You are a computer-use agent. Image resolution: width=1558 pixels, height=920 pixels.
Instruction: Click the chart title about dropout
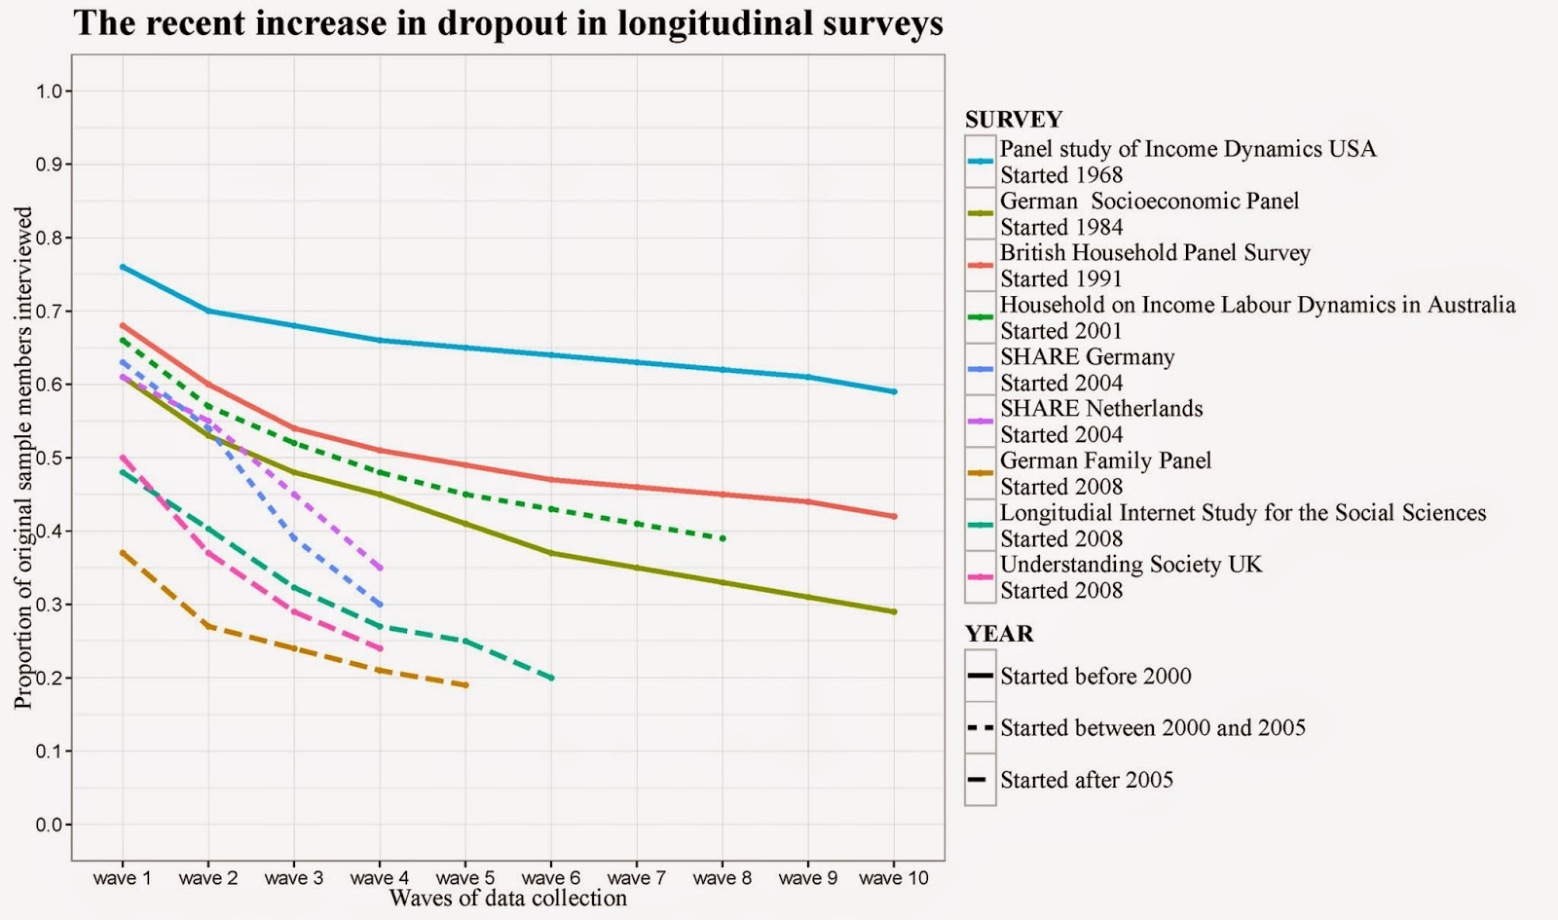tap(508, 23)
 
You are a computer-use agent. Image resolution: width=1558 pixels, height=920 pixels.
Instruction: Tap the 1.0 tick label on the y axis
tap(49, 92)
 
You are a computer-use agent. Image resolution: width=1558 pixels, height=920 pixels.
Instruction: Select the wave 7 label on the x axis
tap(636, 878)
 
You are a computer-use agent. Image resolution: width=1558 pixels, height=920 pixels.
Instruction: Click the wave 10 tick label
tap(893, 878)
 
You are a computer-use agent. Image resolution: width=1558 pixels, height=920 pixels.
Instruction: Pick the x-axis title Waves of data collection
tap(507, 899)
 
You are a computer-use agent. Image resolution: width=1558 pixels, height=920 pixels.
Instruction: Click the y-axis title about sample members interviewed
tap(23, 458)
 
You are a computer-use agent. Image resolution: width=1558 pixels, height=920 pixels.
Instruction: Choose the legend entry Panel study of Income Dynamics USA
tap(1187, 150)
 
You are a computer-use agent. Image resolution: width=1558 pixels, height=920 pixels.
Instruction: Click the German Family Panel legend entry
tap(1105, 461)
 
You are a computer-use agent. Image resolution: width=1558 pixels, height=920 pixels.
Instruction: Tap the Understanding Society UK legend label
tap(1130, 565)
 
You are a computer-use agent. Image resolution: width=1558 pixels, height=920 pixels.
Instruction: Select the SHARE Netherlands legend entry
tap(1100, 409)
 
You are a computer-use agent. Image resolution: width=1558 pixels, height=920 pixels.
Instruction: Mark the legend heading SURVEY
tap(1013, 120)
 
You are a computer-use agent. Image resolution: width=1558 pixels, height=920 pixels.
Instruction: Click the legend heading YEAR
tap(999, 634)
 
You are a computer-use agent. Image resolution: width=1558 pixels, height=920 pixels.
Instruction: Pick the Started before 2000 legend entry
tap(1094, 677)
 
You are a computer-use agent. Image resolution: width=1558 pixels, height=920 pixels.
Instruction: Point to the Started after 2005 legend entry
tap(1086, 780)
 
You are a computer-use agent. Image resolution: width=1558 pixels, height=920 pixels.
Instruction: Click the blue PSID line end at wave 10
tap(894, 391)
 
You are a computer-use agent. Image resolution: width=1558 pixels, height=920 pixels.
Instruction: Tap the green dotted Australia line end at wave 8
tap(723, 538)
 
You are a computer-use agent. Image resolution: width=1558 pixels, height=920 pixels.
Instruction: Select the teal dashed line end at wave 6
tap(551, 678)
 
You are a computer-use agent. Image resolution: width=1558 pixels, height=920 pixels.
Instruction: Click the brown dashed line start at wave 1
tap(123, 553)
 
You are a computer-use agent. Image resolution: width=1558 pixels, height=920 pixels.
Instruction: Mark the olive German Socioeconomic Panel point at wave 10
tap(894, 611)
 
